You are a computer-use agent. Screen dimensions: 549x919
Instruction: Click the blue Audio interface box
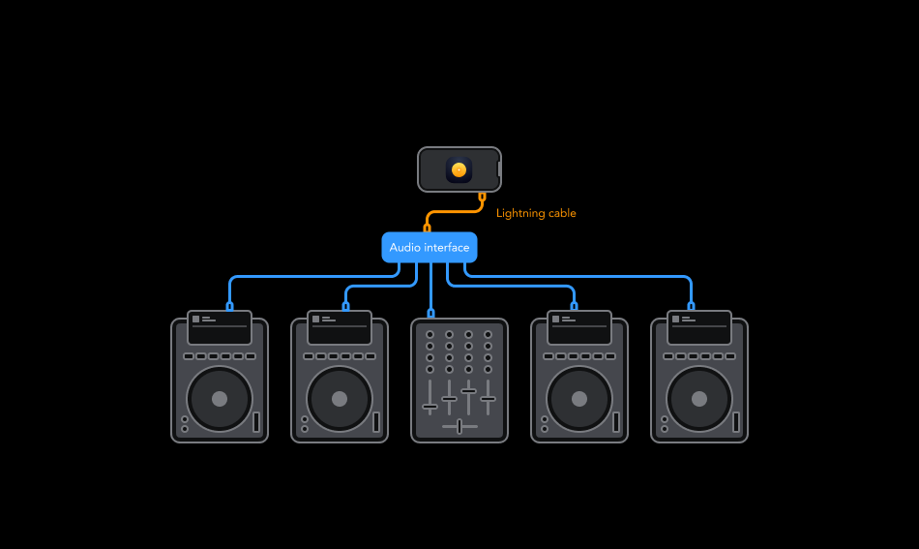coord(430,248)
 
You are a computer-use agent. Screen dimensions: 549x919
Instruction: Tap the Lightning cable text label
coord(536,213)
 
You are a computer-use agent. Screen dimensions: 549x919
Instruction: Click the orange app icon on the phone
coord(459,169)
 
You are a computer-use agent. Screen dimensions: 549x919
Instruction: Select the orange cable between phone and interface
coord(455,211)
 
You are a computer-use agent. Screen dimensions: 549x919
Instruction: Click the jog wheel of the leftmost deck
coord(220,399)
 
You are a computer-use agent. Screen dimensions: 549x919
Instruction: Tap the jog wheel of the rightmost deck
coord(699,399)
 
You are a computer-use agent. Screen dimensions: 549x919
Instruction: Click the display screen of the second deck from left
coord(340,327)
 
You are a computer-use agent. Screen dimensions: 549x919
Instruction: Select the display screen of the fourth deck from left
coord(579,327)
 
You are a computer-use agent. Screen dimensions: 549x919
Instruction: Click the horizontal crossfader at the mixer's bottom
coord(459,426)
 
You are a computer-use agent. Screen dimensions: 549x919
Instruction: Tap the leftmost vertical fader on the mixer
coord(430,406)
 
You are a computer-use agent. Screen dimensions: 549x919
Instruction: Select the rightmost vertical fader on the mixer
coord(488,398)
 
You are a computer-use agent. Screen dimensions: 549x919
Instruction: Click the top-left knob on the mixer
coord(430,335)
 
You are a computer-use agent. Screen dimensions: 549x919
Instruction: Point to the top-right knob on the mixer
coord(488,335)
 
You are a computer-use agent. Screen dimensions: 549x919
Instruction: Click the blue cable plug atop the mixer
coord(430,313)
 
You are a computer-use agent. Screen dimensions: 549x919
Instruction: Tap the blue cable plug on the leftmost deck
coord(229,306)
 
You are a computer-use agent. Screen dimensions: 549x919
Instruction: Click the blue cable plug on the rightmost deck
coord(691,306)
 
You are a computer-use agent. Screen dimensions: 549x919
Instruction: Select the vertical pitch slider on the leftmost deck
coord(256,422)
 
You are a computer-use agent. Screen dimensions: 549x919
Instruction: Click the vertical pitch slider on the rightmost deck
coord(736,422)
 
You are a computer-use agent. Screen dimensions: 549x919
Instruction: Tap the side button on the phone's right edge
coord(499,170)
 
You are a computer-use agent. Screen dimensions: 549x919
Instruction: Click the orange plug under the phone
coord(482,197)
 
